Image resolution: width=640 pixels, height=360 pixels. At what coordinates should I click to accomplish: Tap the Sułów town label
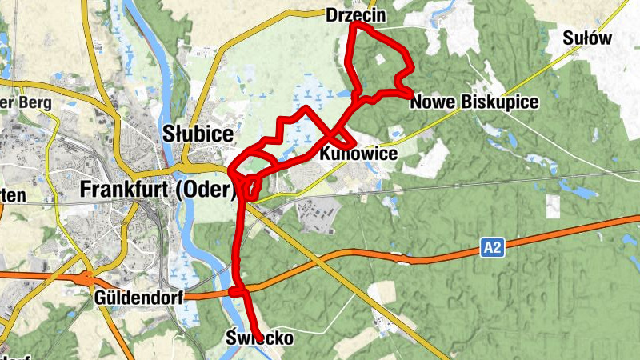point(587,38)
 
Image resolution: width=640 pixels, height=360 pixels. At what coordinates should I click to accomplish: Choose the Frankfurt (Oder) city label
point(158,190)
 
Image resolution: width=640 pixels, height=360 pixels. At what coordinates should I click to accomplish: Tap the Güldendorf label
point(138,298)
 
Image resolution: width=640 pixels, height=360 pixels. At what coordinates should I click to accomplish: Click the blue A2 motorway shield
point(492,250)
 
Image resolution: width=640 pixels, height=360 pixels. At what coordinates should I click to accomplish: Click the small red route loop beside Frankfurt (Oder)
point(250,185)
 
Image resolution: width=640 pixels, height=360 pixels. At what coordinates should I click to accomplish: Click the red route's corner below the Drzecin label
point(354,25)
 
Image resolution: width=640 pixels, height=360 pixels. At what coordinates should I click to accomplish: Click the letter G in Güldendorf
point(100,298)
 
